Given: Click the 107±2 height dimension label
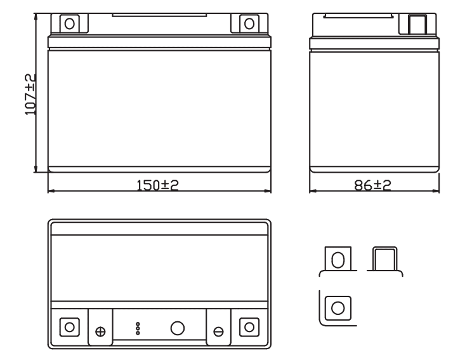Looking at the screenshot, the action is (30, 95).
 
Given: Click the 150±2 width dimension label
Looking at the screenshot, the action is (157, 185).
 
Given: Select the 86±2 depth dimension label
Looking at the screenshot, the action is (372, 185).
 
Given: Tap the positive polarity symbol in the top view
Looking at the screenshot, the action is (100, 331).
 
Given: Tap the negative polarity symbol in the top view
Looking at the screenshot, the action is (219, 331).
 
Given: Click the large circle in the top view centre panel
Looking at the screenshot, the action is (178, 328).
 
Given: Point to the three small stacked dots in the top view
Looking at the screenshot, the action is (138, 328).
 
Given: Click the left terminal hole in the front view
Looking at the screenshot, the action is (70, 23).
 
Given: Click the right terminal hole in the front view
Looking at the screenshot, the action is (249, 23).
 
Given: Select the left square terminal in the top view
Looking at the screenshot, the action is (70, 327).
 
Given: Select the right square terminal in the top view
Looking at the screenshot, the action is (249, 327).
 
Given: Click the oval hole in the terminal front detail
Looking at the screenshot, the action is (337, 260).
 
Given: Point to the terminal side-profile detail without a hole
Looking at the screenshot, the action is (384, 261).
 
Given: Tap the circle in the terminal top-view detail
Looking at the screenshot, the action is (337, 308).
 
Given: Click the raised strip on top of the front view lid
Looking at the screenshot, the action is (159, 15).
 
